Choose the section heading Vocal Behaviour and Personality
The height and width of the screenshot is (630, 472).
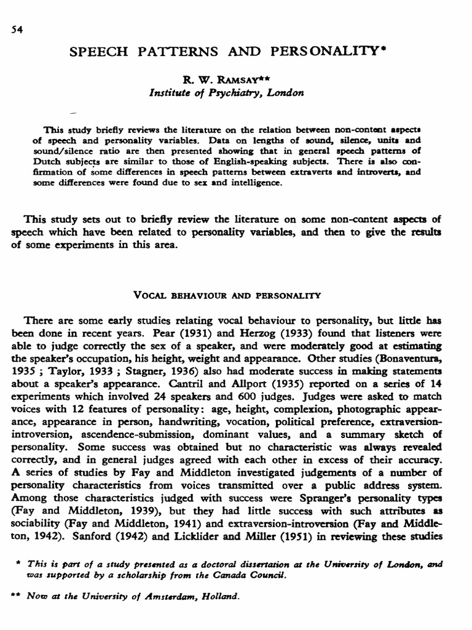tap(227, 295)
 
